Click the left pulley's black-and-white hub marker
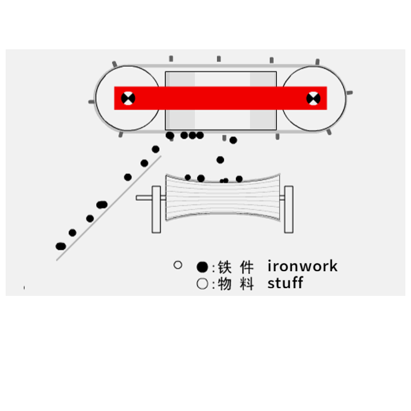[128, 98]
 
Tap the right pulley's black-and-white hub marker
[313, 98]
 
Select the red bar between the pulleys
[221, 98]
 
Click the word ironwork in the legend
[303, 266]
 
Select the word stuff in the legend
[285, 283]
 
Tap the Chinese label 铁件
[236, 267]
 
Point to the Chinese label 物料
[236, 284]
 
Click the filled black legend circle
[202, 267]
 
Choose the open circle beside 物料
[202, 284]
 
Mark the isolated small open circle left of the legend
[178, 265]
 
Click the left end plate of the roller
[156, 209]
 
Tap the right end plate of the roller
[289, 209]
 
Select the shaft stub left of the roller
[144, 198]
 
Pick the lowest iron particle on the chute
[61, 246]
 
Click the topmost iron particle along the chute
[156, 150]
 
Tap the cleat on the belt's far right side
[349, 93]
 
